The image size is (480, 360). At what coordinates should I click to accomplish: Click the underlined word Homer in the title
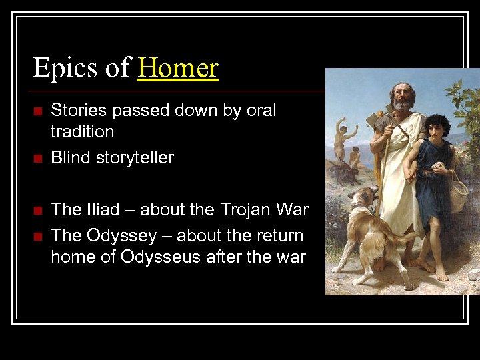pyautogui.click(x=178, y=68)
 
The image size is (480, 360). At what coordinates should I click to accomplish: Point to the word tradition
pyautogui.click(x=83, y=131)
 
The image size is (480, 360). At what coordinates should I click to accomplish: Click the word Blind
pyautogui.click(x=70, y=158)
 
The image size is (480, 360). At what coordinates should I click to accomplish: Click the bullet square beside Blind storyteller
pyautogui.click(x=37, y=159)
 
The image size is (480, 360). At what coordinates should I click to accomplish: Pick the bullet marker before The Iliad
pyautogui.click(x=37, y=211)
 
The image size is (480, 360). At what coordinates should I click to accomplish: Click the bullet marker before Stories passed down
pyautogui.click(x=37, y=111)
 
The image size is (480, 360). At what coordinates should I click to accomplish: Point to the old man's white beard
pyautogui.click(x=401, y=105)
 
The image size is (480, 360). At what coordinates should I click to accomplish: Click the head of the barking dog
pyautogui.click(x=364, y=198)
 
